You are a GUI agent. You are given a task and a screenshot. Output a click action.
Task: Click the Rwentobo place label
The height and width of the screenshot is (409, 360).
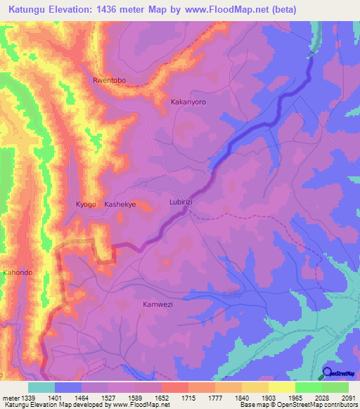109,81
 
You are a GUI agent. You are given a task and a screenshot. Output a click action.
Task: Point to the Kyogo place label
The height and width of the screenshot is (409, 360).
86,204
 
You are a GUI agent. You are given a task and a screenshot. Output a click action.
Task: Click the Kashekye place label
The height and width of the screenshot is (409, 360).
120,204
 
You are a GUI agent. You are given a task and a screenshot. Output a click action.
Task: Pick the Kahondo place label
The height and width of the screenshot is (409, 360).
18,273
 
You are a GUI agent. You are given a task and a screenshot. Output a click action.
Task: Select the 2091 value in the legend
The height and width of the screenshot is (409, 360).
348,397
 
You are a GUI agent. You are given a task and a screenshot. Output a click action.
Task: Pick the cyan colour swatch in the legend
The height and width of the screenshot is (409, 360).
41,387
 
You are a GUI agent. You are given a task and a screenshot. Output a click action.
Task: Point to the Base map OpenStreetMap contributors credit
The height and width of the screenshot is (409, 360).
298,404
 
